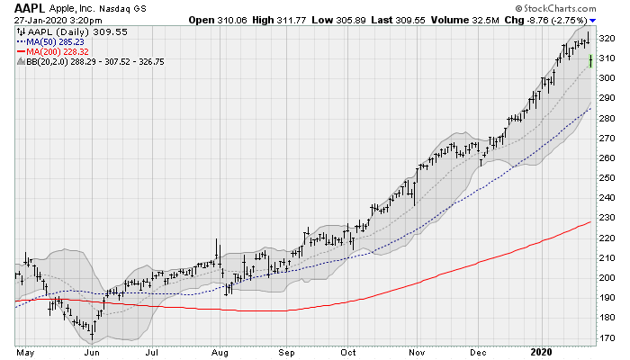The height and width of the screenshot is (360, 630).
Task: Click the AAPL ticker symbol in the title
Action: (30, 8)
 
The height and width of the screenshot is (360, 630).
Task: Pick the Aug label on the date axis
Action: (218, 352)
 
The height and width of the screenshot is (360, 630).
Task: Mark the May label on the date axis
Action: (24, 352)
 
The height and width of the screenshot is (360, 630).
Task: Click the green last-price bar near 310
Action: (589, 60)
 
